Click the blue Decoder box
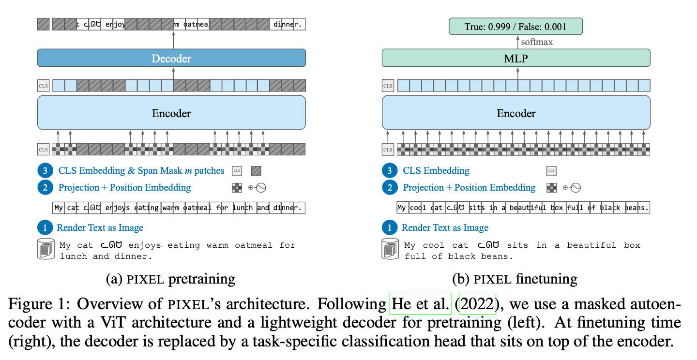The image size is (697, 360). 171,58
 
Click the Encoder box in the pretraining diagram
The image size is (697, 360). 171,113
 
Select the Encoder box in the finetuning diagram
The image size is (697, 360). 516,113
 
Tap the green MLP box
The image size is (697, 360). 516,58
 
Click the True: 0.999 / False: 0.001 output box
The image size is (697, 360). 516,27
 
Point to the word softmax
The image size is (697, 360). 537,42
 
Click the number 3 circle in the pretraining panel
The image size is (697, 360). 45,171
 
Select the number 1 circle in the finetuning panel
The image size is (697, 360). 390,227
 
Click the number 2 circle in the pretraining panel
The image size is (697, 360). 45,187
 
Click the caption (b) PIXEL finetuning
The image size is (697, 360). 515,279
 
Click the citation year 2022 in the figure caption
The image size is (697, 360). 477,304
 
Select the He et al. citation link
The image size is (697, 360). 421,304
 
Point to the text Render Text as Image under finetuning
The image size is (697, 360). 445,227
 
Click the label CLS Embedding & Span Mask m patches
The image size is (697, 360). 141,171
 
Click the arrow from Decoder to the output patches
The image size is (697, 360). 173,39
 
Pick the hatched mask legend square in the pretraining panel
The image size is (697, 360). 256,171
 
